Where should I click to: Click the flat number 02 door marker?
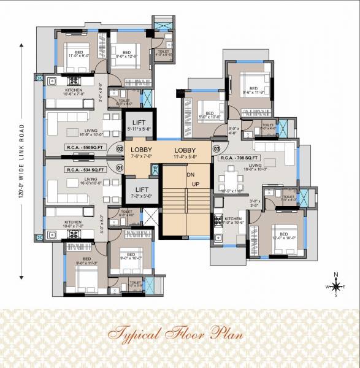[x=120, y=149]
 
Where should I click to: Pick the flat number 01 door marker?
[x=120, y=166]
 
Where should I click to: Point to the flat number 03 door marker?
[x=216, y=149]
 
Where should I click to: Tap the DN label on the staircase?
[x=191, y=175]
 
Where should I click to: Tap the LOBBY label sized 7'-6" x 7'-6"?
[x=141, y=152]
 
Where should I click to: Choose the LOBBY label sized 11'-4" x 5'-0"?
[x=185, y=152]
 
